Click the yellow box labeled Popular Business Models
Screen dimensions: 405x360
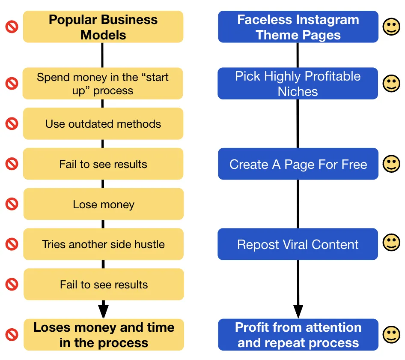[103, 27]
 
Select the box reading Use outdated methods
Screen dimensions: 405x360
[103, 123]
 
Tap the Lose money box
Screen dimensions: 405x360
[103, 204]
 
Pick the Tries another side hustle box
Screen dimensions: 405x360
[103, 244]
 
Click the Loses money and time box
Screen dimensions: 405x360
[104, 335]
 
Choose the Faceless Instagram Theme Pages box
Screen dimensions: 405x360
[298, 27]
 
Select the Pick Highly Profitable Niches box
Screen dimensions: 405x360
[298, 83]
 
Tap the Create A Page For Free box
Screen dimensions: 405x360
[298, 164]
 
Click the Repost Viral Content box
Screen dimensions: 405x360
[298, 244]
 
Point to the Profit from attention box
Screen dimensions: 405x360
[298, 335]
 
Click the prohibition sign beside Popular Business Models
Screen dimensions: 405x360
[12, 27]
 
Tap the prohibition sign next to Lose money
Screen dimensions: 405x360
[12, 204]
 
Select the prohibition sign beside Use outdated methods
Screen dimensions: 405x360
[12, 123]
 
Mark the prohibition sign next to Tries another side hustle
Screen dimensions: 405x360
[12, 244]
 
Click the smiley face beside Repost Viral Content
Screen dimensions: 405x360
[391, 242]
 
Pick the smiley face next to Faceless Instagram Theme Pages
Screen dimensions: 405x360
[391, 27]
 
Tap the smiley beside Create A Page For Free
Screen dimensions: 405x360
[391, 164]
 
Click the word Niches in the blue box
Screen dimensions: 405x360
[298, 92]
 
